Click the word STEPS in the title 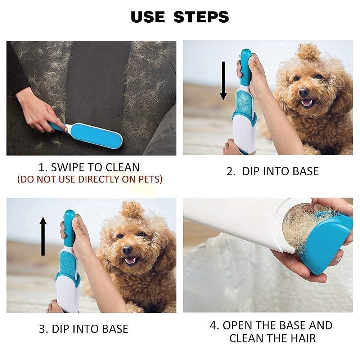pos(202,17)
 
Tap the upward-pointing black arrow pos(43,236)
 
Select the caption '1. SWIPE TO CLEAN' pos(89,167)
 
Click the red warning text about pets pos(90,179)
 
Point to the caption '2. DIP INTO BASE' pos(273,171)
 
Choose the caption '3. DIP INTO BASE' pos(84,329)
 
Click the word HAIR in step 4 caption pos(301,338)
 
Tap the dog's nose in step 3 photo pos(127,250)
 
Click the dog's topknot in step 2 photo pos(309,51)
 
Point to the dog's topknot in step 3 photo pos(132,209)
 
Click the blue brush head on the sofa pos(96,135)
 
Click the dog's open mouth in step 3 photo pos(130,260)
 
